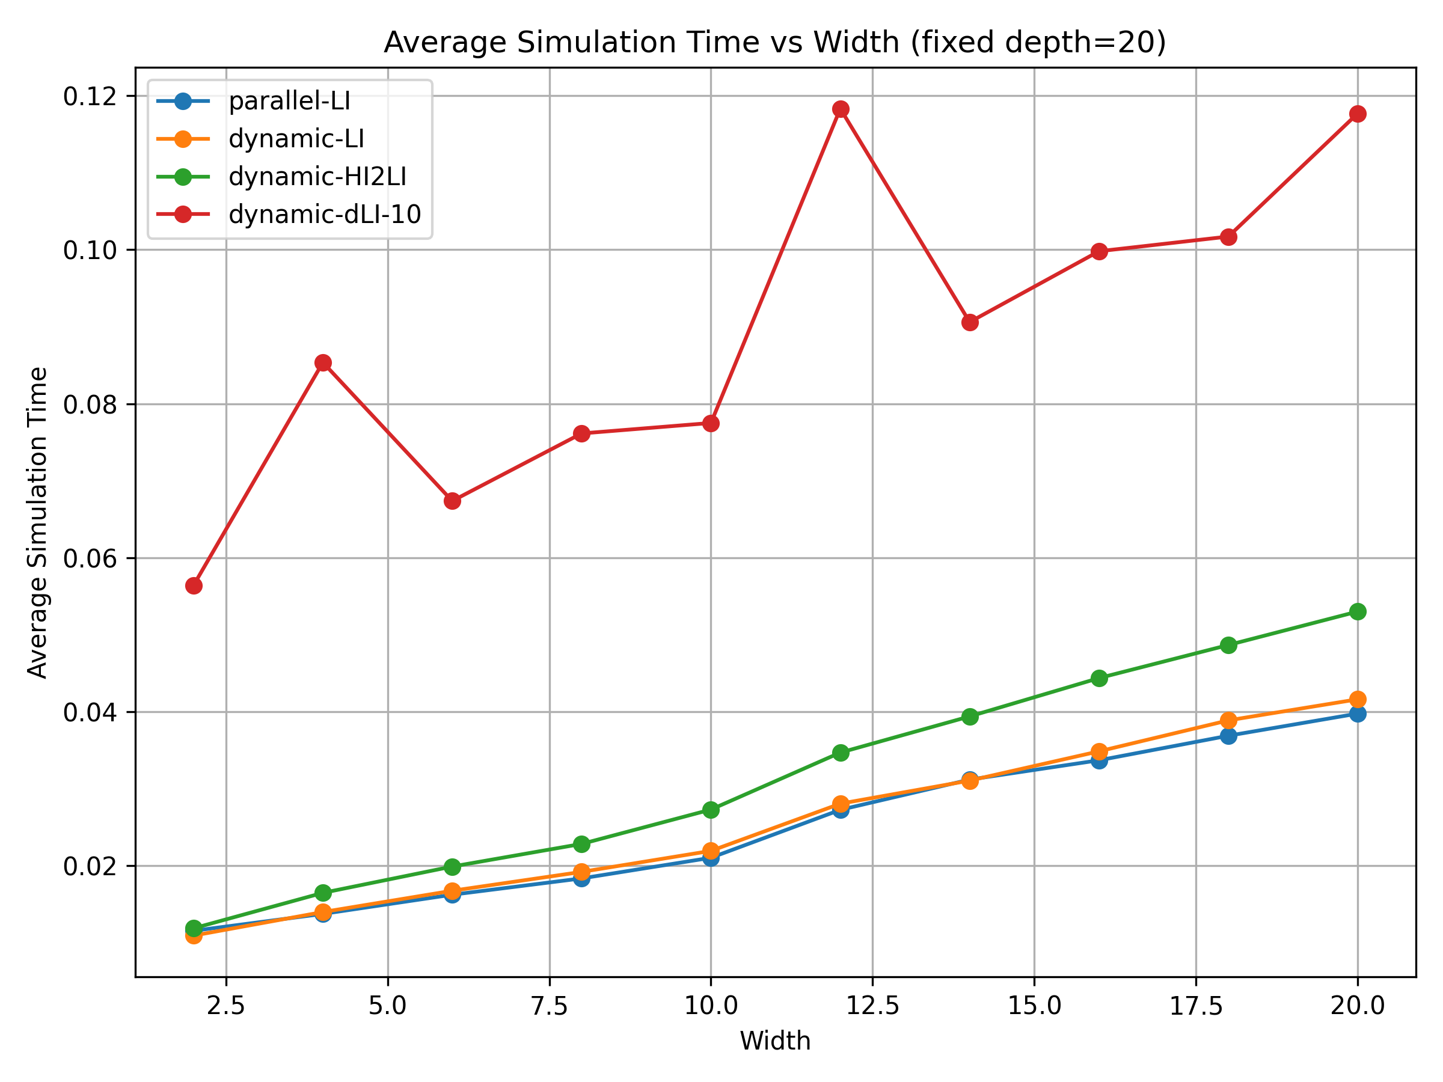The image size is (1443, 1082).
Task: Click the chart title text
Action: click(x=774, y=43)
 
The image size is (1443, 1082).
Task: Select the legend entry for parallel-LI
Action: click(x=289, y=101)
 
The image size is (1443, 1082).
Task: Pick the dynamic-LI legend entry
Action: click(x=296, y=139)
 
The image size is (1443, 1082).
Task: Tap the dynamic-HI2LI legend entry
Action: click(x=317, y=177)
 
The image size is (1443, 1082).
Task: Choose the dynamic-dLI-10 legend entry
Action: click(x=324, y=215)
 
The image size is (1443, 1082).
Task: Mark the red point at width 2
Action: click(x=194, y=585)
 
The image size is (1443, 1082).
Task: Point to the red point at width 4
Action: click(x=323, y=362)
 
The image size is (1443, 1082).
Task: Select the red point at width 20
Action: click(x=1358, y=114)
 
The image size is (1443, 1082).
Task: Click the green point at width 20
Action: click(x=1358, y=612)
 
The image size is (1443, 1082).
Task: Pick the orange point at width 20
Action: click(x=1358, y=700)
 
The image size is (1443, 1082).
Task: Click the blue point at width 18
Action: click(x=1228, y=736)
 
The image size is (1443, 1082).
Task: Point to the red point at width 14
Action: click(x=970, y=323)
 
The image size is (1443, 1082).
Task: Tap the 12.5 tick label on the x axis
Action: click(x=872, y=1006)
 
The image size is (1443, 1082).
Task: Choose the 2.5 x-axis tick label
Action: click(x=225, y=1006)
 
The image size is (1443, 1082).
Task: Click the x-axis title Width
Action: click(x=775, y=1042)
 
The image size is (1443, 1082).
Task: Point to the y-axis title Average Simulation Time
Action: click(x=38, y=523)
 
